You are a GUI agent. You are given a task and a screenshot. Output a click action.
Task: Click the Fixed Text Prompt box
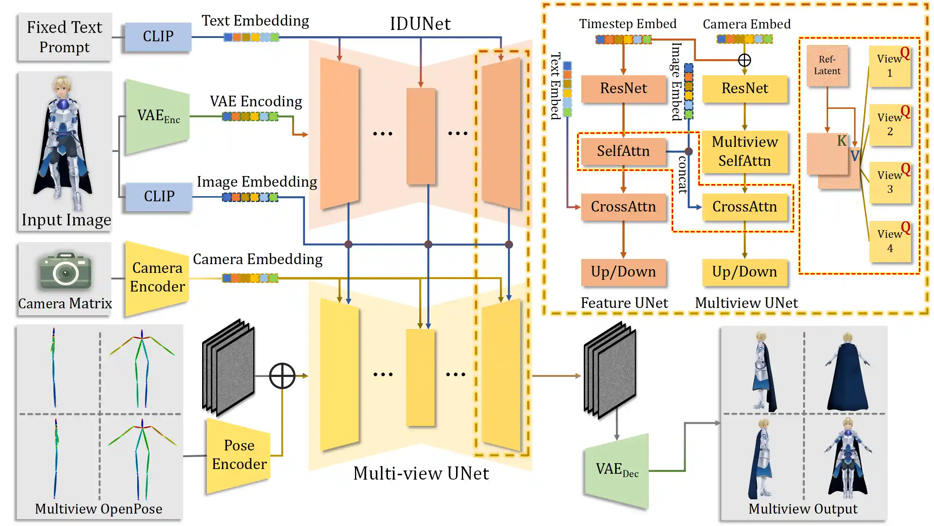pyautogui.click(x=65, y=37)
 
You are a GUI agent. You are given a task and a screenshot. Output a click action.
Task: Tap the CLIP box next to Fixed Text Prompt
pyautogui.click(x=158, y=37)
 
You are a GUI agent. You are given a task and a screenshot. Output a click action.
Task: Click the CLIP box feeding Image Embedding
pyautogui.click(x=159, y=197)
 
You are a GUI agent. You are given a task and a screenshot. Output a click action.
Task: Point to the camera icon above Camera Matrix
pyautogui.click(x=65, y=271)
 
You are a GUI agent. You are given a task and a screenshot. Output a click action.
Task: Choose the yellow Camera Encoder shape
pyautogui.click(x=157, y=278)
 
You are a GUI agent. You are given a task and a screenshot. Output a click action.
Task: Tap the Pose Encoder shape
pyautogui.click(x=239, y=455)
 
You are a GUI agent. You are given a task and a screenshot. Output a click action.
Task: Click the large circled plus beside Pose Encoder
pyautogui.click(x=282, y=376)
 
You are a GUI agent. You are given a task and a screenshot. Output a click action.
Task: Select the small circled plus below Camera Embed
pyautogui.click(x=744, y=60)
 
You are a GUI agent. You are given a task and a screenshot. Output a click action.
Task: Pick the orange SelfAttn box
pyautogui.click(x=623, y=151)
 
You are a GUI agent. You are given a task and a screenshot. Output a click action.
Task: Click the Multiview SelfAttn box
pyautogui.click(x=744, y=151)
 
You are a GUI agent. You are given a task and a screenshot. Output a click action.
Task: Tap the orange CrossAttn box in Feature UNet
pyautogui.click(x=623, y=207)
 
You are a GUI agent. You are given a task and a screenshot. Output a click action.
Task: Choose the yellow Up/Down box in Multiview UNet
pyautogui.click(x=744, y=272)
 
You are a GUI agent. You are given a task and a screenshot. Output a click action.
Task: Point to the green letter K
pyautogui.click(x=842, y=141)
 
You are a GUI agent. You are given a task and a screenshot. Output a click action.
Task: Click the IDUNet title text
pyautogui.click(x=420, y=24)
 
